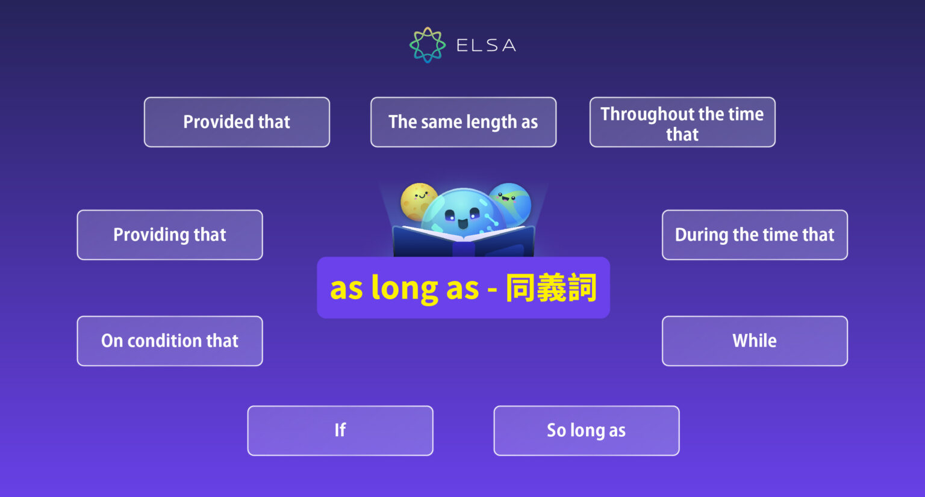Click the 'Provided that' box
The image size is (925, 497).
pyautogui.click(x=237, y=122)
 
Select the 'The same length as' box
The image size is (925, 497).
pyautogui.click(x=463, y=122)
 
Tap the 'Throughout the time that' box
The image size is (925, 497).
pyautogui.click(x=682, y=122)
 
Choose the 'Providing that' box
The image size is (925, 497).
pyautogui.click(x=170, y=235)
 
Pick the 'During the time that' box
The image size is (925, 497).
pyautogui.click(x=755, y=235)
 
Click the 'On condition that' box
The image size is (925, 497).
pyautogui.click(x=170, y=341)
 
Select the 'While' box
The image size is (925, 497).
pyautogui.click(x=755, y=341)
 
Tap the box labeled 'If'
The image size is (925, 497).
pyautogui.click(x=340, y=431)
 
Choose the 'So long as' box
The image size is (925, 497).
pyautogui.click(x=586, y=431)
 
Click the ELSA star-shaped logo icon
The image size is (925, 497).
pyautogui.click(x=428, y=45)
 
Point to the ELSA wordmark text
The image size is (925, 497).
pyautogui.click(x=486, y=46)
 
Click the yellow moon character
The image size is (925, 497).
pyautogui.click(x=418, y=200)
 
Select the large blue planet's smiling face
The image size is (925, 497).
pyautogui.click(x=462, y=218)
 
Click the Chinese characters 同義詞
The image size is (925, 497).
pyautogui.click(x=551, y=288)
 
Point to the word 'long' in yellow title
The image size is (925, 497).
pyautogui.click(x=404, y=289)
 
